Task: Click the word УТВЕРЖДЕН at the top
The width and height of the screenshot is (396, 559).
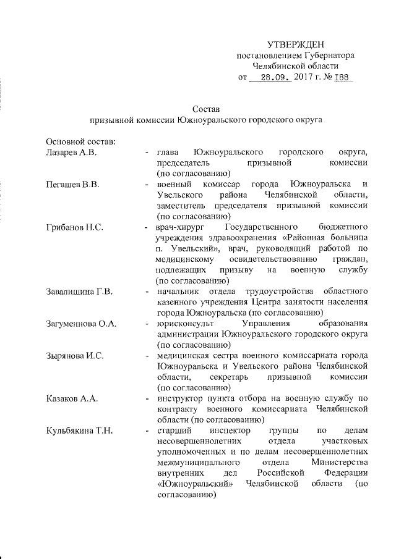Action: [295, 45]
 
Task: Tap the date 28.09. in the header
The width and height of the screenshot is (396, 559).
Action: [275, 78]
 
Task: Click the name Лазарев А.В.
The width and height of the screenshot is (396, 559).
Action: [72, 152]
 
